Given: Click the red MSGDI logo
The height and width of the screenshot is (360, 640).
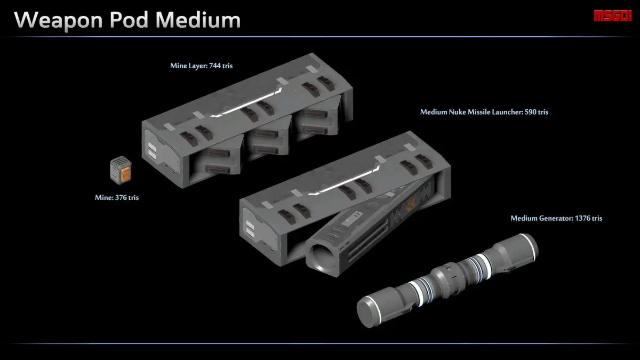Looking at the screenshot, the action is click(612, 15).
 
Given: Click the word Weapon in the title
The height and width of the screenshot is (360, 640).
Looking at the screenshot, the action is click(58, 21).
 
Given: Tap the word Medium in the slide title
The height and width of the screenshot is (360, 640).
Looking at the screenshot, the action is click(198, 20).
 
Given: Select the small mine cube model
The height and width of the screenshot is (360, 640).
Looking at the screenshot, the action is click(121, 170).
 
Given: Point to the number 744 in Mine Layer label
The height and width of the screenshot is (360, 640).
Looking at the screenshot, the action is click(214, 66).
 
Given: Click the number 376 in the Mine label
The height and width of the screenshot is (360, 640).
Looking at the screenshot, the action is click(121, 198).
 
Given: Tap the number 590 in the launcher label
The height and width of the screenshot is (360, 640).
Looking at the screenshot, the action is click(531, 112).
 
